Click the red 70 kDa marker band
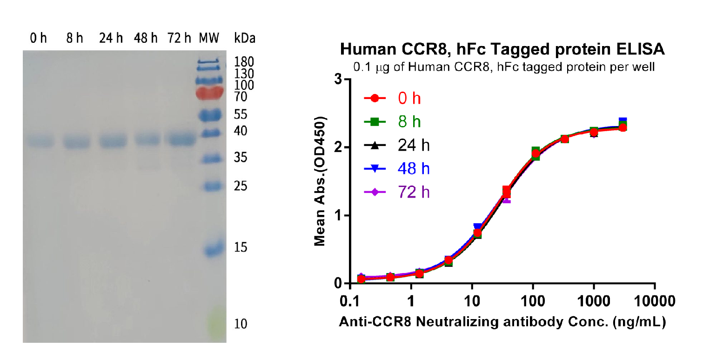click(209, 93)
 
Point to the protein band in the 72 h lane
click(180, 140)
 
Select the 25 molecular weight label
click(241, 187)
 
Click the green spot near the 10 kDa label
click(215, 321)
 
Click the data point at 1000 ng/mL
click(594, 132)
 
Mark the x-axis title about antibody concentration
click(502, 321)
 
